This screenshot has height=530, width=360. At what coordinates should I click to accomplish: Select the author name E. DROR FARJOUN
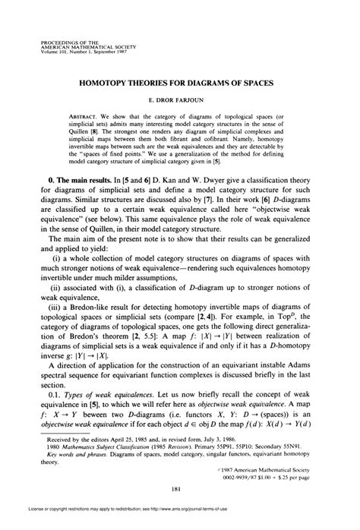pos(179,99)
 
